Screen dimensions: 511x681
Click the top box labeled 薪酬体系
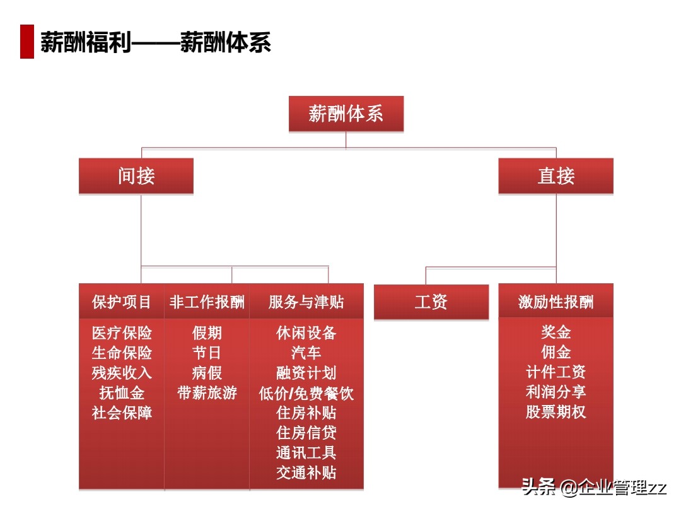click(x=346, y=114)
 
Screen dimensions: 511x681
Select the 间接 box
click(x=136, y=176)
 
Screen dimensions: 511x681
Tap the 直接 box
click(x=556, y=176)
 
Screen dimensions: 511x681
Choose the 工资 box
click(x=431, y=302)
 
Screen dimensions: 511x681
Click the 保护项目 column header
click(x=122, y=302)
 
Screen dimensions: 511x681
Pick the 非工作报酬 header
click(x=207, y=302)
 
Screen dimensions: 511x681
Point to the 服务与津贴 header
click(x=306, y=302)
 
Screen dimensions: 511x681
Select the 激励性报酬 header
click(x=556, y=302)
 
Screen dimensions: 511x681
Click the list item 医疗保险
click(x=122, y=333)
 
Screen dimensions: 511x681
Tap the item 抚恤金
click(x=122, y=393)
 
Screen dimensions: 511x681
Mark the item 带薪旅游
click(x=207, y=393)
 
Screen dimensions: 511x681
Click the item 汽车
click(x=306, y=353)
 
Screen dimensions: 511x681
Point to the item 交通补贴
click(x=306, y=473)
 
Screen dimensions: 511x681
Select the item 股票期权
click(x=556, y=413)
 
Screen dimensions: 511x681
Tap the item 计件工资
click(x=556, y=372)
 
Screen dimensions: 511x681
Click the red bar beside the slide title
click(x=26, y=42)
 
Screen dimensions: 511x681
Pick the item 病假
click(x=207, y=373)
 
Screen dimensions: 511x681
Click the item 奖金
click(x=556, y=332)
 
